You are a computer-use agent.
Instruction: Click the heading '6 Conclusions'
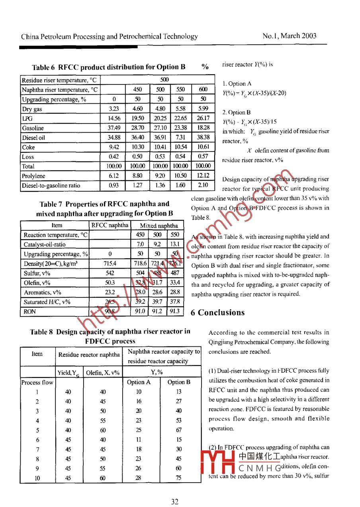218,312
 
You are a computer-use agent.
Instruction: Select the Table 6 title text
109,67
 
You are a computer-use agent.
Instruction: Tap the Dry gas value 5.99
203,109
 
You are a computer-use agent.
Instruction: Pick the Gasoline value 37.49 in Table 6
114,128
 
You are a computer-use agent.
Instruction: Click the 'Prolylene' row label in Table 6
34,176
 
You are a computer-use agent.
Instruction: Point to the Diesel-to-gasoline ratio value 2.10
203,185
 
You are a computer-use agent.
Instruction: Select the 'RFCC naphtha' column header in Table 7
110,226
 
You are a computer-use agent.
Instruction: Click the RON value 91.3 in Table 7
175,312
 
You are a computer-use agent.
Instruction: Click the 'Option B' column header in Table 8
179,382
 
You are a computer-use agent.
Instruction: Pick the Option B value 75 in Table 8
179,478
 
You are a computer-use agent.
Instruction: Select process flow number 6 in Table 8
37,440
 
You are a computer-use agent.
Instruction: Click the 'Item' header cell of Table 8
37,354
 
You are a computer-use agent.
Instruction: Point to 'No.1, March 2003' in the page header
290,36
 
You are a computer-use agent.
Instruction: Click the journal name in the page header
110,37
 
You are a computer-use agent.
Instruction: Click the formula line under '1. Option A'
254,94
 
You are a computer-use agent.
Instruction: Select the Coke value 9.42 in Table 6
114,147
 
